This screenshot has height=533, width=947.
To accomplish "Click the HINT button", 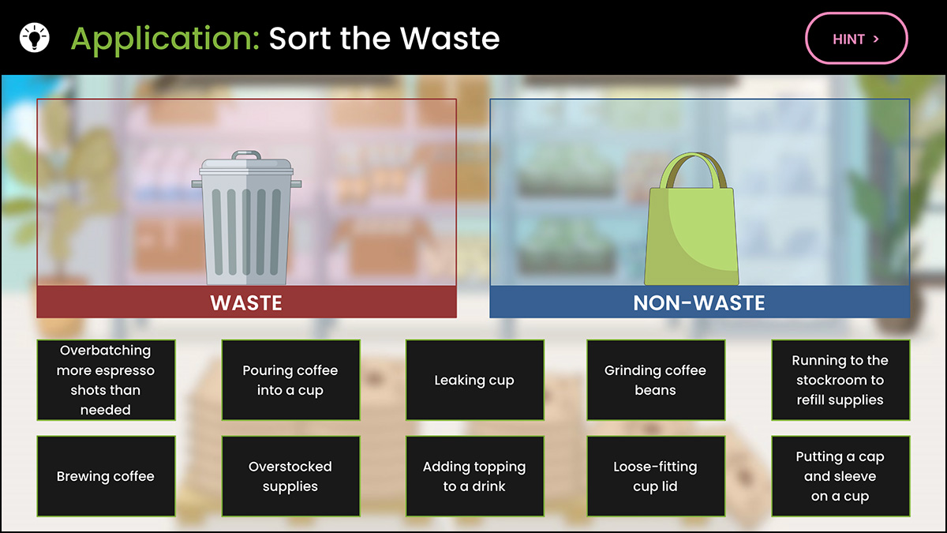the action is [x=856, y=39].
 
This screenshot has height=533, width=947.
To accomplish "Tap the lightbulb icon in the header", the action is [x=34, y=38].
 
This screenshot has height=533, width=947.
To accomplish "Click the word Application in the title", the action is [x=165, y=39].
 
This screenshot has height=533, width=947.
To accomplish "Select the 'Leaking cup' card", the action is [x=475, y=380].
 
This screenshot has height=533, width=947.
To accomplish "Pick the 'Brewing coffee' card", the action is [x=106, y=476].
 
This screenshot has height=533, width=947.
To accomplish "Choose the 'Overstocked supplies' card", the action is [x=290, y=476].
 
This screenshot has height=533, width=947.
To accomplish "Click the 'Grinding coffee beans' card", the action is [x=656, y=380].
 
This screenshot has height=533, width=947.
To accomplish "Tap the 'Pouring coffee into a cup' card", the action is [x=290, y=380].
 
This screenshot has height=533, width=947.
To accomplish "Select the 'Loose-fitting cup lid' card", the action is [x=656, y=476].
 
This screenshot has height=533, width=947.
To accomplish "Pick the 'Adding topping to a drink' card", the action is [x=475, y=476].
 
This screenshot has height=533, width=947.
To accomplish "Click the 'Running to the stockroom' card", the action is [x=840, y=380].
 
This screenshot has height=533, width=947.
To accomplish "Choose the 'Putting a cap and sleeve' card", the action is [x=840, y=476].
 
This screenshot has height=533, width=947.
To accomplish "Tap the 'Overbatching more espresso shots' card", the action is [x=106, y=380].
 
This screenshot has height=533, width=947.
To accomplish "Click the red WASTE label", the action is [x=246, y=302].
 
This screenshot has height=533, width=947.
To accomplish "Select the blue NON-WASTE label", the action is [x=700, y=302].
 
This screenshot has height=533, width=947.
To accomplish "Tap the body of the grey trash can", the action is [x=246, y=231].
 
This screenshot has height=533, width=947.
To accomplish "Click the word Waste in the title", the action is [x=450, y=39].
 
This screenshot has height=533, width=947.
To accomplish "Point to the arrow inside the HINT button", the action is [x=876, y=39].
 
